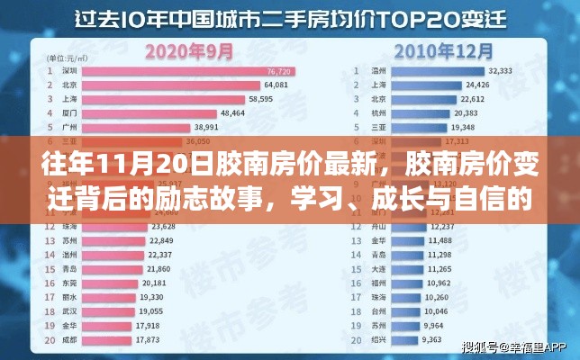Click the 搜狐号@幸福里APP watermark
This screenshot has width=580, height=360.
pyautogui.click(x=514, y=346)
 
